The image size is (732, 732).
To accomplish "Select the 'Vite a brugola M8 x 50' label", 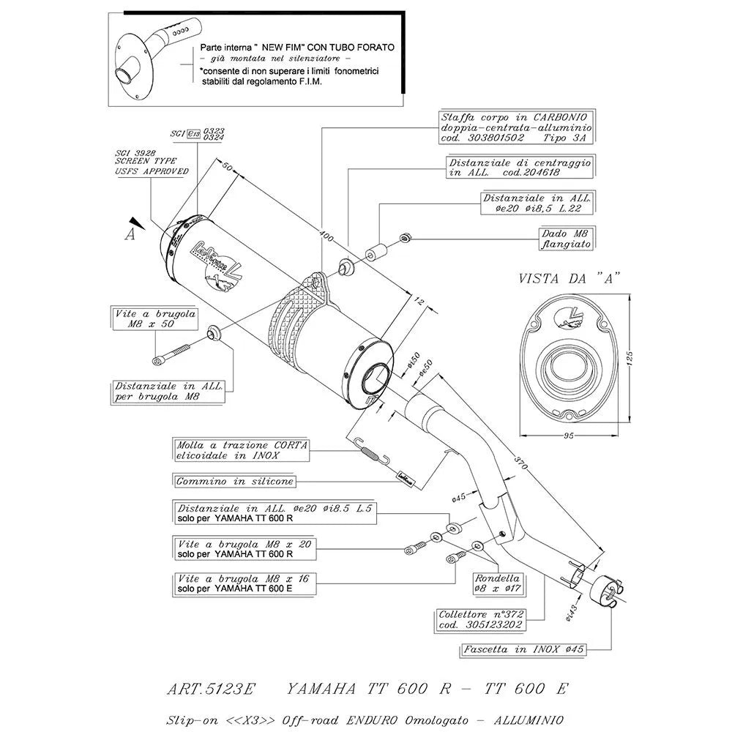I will tap(144, 318).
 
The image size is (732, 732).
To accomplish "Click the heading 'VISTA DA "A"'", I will tap(569, 278).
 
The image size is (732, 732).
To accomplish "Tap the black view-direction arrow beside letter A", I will tap(134, 222).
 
